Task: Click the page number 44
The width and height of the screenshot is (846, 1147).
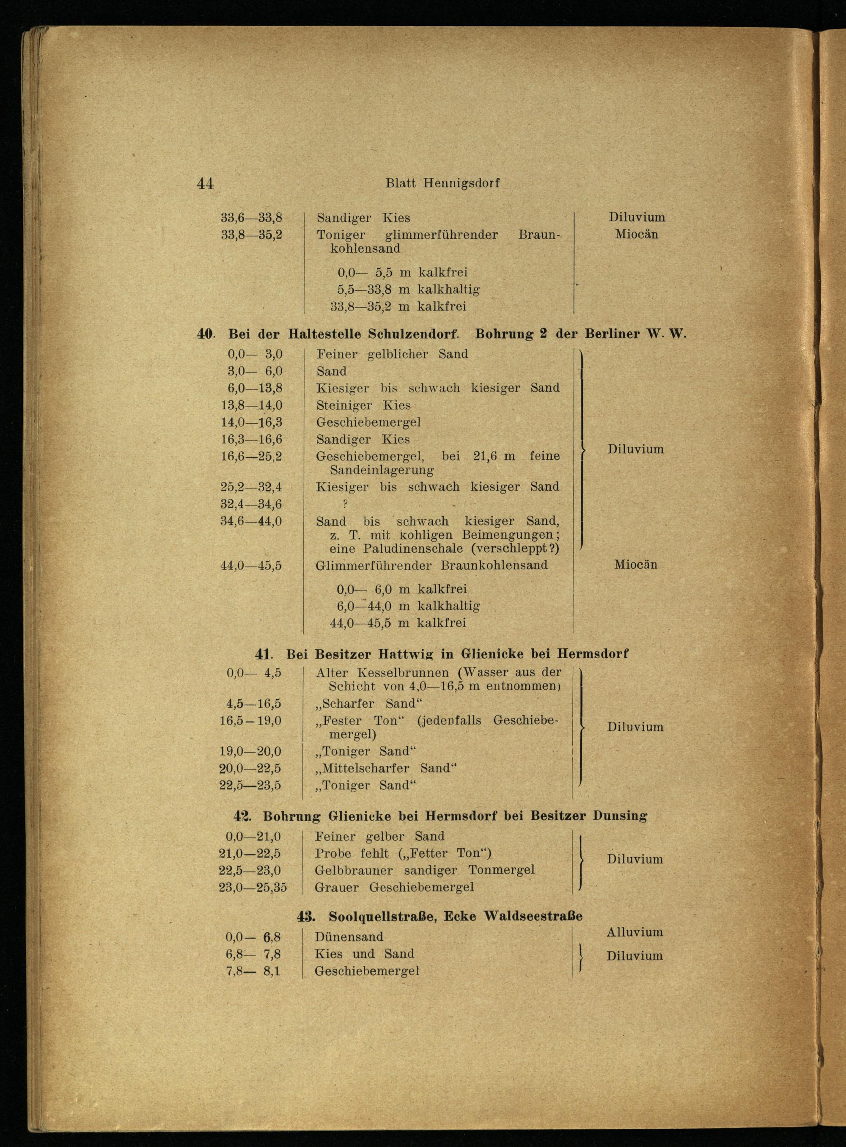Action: point(205,183)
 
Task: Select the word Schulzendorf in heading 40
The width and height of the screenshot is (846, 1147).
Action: point(412,334)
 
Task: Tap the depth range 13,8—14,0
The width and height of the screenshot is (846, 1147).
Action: point(251,405)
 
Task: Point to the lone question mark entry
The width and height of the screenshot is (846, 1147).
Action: point(345,504)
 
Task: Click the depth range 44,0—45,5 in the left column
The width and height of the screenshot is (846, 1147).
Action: point(251,566)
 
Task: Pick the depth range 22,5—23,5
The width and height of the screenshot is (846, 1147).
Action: point(250,785)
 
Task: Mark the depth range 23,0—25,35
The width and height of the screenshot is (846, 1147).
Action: point(253,887)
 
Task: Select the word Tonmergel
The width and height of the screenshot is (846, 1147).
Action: point(501,870)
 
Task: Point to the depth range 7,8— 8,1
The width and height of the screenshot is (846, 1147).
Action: point(253,971)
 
